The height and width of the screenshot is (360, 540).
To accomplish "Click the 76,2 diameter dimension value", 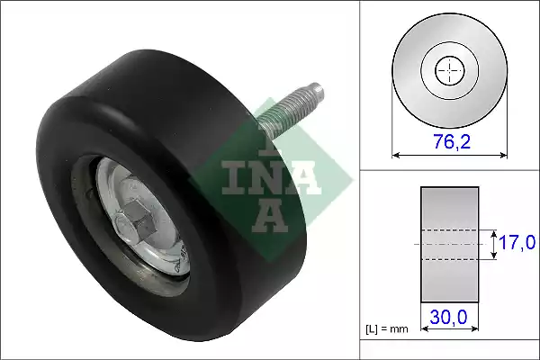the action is [452, 141].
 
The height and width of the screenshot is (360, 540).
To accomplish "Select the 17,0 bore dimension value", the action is [517, 242].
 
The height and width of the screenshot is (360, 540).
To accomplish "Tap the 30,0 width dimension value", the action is [448, 317].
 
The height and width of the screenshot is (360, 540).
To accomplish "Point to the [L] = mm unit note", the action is [387, 329].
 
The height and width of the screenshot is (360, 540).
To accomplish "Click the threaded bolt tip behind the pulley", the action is [317, 90].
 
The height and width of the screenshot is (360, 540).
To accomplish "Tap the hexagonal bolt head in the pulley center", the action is [136, 220].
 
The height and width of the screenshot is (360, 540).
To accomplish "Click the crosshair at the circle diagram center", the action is [450, 70].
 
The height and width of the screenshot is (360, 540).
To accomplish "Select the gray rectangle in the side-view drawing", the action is [450, 245].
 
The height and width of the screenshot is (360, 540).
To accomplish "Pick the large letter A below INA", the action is [270, 216].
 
